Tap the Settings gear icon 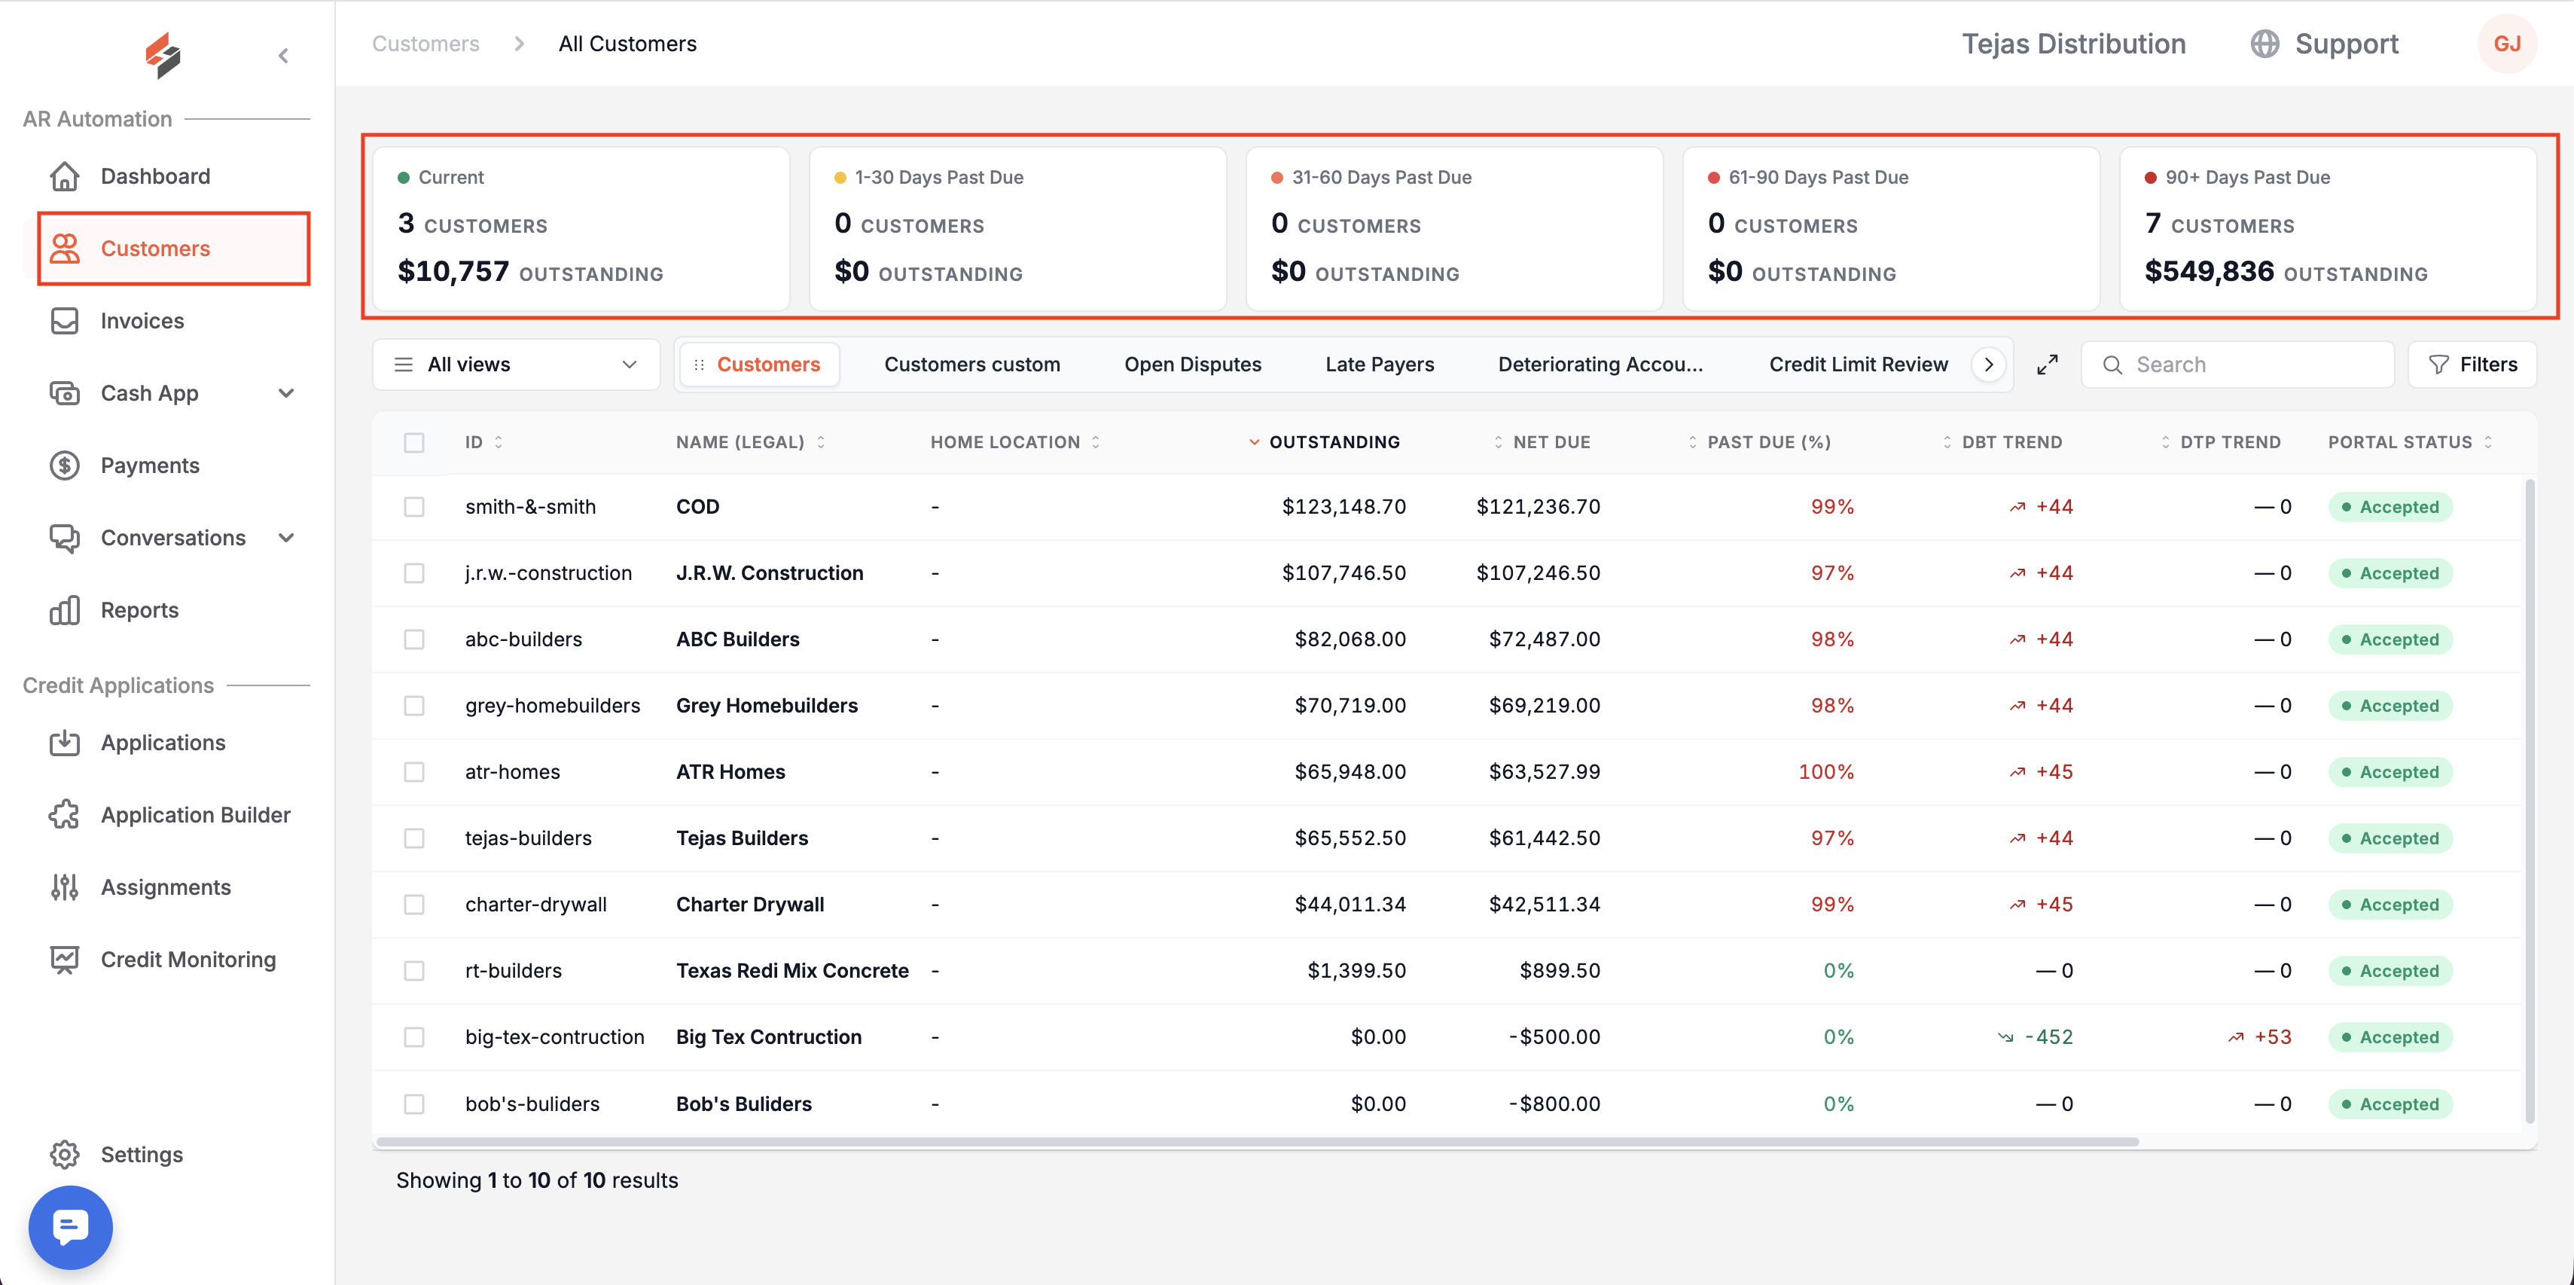tap(65, 1154)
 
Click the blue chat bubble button tap(70, 1227)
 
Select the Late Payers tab tap(1379, 365)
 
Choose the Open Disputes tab tap(1192, 365)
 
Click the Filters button tap(2472, 365)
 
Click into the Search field tap(2238, 365)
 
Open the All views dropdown tap(516, 365)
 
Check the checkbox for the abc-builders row tap(413, 639)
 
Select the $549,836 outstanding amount tap(2210, 271)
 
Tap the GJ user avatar tap(2507, 44)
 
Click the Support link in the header tap(2346, 44)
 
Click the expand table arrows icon tap(2048, 365)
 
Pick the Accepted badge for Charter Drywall tap(2389, 905)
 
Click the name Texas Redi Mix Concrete tap(792, 970)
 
